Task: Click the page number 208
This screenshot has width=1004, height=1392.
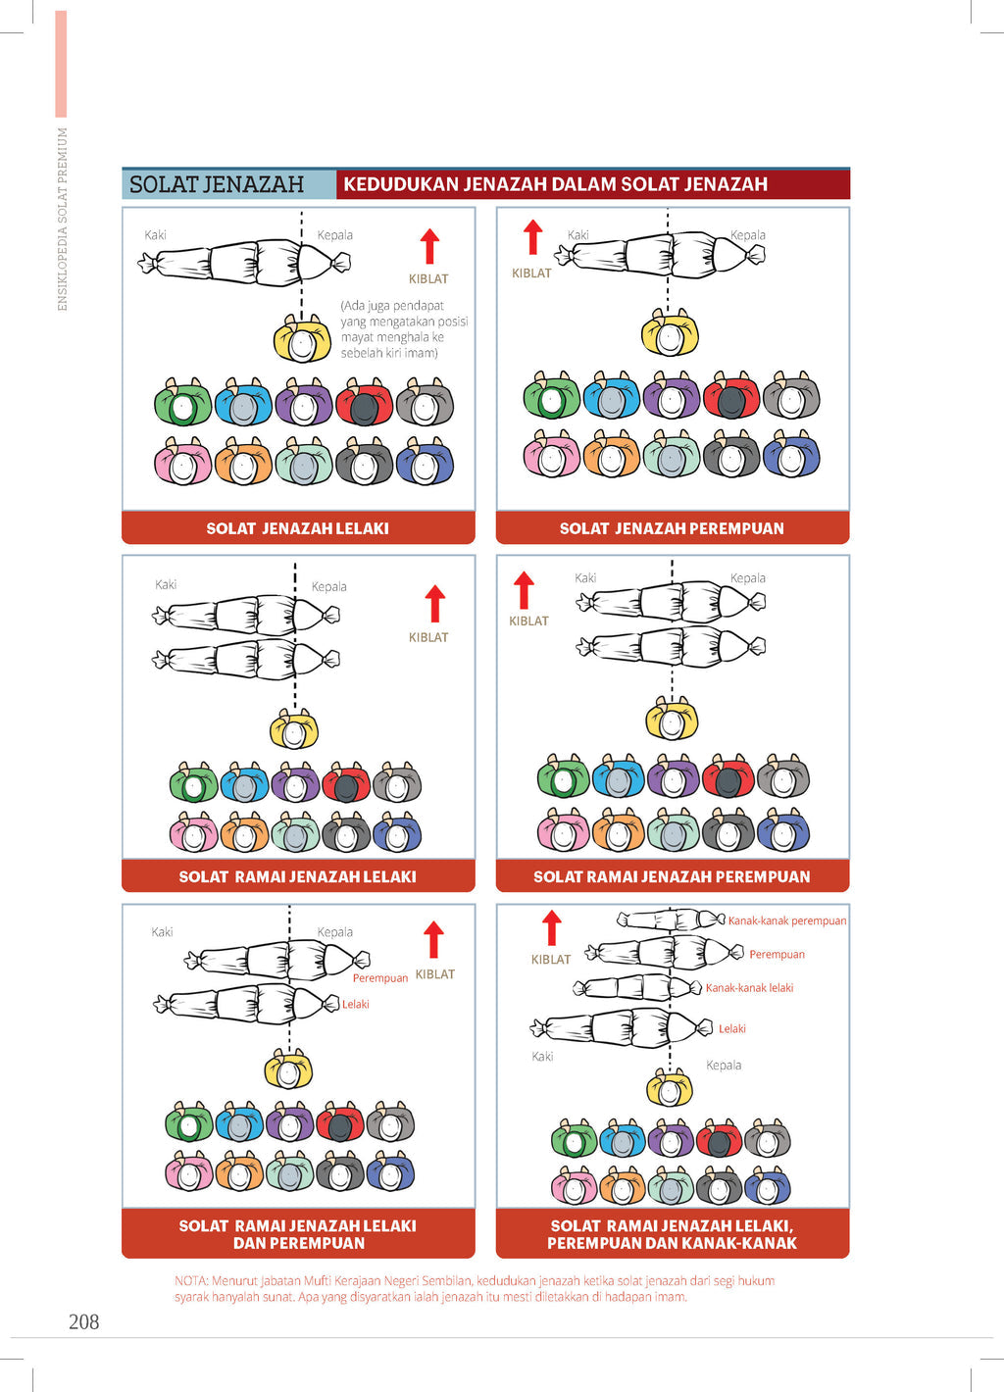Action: (x=84, y=1321)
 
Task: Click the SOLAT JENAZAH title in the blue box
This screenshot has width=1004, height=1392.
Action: (x=217, y=184)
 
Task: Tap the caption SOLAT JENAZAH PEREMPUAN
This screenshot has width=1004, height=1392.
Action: (x=672, y=528)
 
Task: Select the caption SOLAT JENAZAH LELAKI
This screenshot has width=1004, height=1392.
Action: (x=297, y=528)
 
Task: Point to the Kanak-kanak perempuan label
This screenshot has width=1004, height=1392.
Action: (x=787, y=920)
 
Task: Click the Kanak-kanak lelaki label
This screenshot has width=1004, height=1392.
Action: (x=749, y=987)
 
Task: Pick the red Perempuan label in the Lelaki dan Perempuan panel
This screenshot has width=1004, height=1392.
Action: (x=379, y=978)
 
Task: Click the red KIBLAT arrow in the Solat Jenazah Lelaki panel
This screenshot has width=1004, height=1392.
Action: (x=429, y=246)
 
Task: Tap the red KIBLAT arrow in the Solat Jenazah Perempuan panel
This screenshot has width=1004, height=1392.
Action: (x=532, y=237)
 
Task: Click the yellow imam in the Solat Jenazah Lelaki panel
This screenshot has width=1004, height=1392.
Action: (x=302, y=339)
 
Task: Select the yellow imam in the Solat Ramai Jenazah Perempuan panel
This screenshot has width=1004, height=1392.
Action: (x=672, y=719)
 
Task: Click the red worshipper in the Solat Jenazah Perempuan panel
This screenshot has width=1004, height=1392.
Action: (x=731, y=395)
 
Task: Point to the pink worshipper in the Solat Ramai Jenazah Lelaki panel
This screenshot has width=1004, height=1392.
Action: (x=193, y=832)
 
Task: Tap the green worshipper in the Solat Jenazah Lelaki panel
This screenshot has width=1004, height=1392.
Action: (x=182, y=402)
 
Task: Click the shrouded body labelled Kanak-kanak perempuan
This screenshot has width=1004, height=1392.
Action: (x=671, y=920)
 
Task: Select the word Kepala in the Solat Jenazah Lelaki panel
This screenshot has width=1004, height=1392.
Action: (x=335, y=235)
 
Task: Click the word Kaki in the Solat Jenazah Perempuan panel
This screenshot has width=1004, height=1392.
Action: (x=578, y=235)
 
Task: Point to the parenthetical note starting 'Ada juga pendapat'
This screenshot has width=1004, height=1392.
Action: (x=404, y=329)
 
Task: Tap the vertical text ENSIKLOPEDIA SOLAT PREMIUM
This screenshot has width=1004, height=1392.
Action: (x=62, y=220)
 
